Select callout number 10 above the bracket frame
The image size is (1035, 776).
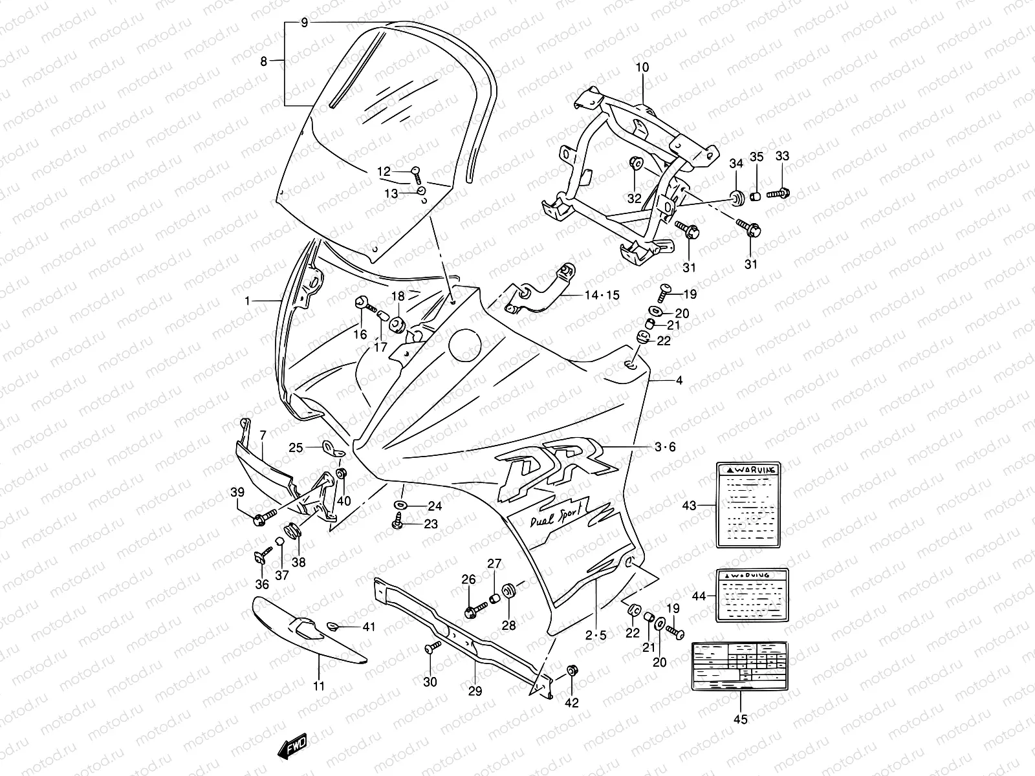(642, 67)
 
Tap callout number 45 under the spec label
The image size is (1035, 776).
(741, 718)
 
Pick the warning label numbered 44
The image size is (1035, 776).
(752, 596)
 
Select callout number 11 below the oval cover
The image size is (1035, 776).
(319, 685)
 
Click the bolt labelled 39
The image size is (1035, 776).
(264, 517)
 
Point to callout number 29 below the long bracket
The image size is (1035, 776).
(475, 691)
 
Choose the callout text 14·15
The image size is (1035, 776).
(603, 296)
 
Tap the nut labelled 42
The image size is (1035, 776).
(572, 671)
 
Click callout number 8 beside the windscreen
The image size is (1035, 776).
(263, 61)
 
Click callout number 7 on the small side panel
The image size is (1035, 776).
(263, 436)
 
